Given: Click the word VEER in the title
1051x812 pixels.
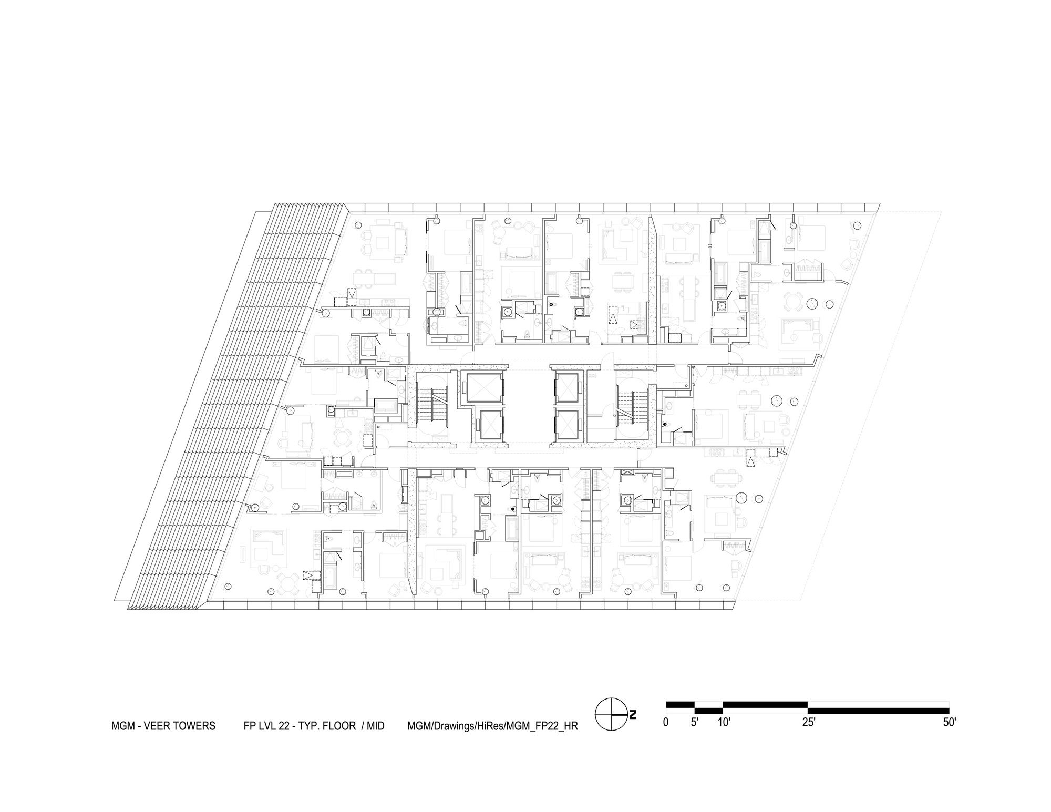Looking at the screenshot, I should coord(159,726).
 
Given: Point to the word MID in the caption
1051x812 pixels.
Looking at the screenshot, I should coord(375,726).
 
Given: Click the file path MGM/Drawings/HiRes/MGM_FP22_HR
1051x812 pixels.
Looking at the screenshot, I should coord(492,726).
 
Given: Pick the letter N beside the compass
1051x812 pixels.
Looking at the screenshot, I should coord(633,714).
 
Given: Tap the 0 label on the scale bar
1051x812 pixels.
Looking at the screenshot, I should coord(666,722).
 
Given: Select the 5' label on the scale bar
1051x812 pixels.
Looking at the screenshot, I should coord(694,722).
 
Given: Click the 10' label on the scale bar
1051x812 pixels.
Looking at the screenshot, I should coord(724,722).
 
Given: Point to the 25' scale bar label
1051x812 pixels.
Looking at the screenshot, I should coord(808,722).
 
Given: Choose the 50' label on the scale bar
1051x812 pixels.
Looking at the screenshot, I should coord(949,722).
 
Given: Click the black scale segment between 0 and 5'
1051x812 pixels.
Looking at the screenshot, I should coord(680,705).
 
